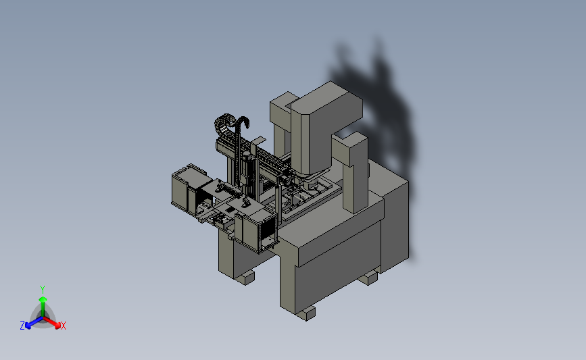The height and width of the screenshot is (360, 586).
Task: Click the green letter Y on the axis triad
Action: pyautogui.click(x=43, y=290)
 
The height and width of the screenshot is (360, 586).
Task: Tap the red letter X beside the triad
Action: pyautogui.click(x=63, y=326)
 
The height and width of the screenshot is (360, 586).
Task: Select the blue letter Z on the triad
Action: pyautogui.click(x=22, y=326)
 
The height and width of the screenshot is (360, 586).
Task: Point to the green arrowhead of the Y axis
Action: pyautogui.click(x=43, y=299)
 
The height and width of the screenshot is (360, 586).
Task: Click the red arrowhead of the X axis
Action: pyautogui.click(x=57, y=325)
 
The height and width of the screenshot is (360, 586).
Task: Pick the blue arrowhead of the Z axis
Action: pyautogui.click(x=28, y=326)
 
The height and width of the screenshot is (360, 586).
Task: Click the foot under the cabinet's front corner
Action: pyautogui.click(x=306, y=313)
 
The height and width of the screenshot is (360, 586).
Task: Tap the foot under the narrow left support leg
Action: pyautogui.click(x=245, y=278)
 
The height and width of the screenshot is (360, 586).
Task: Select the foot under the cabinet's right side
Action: pyautogui.click(x=369, y=278)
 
